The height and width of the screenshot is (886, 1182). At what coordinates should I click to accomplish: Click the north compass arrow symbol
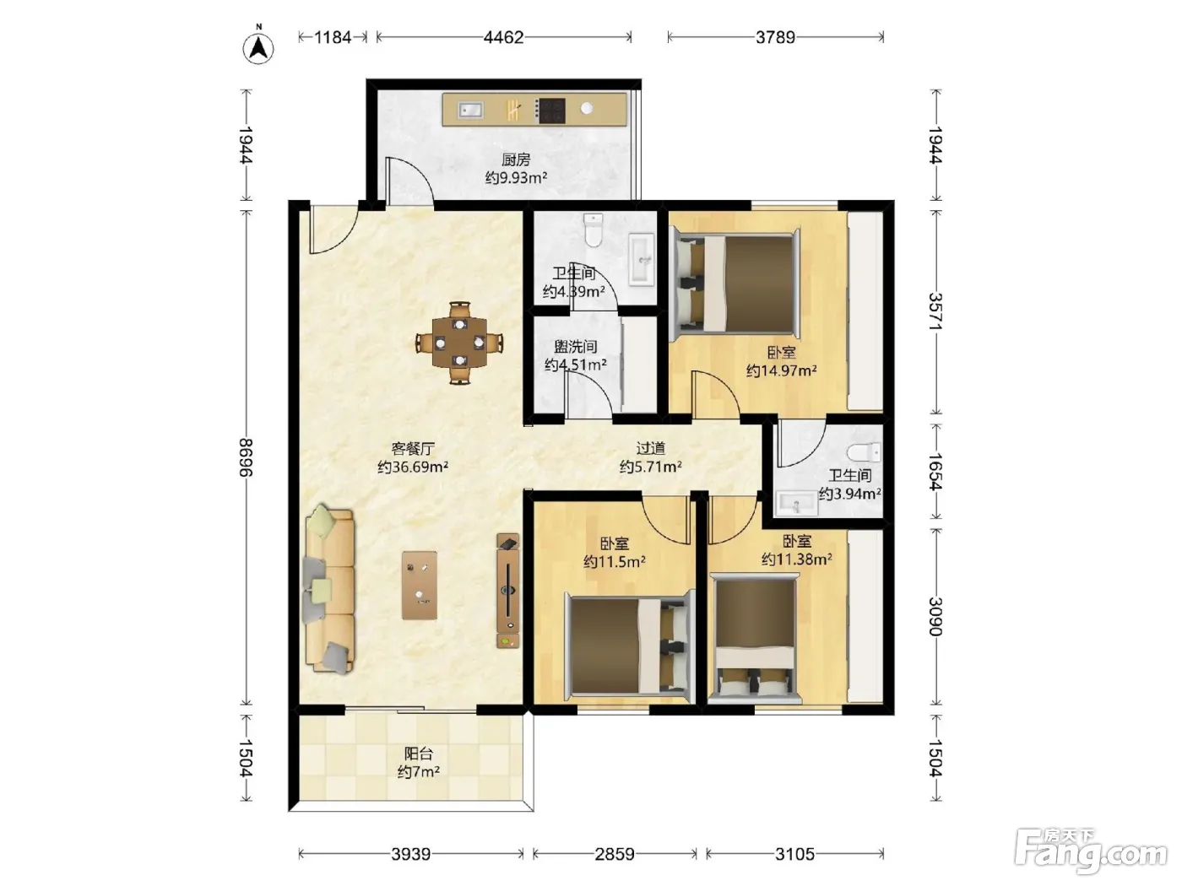tap(258, 47)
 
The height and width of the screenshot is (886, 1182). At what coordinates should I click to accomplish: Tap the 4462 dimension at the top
tap(503, 37)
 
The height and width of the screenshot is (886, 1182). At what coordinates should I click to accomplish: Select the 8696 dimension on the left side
tap(246, 457)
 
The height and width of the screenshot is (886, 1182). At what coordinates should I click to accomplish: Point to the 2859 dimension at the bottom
tap(615, 854)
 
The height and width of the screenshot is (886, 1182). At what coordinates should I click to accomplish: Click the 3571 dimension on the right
tap(936, 311)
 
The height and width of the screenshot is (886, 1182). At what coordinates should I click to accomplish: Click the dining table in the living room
tap(459, 343)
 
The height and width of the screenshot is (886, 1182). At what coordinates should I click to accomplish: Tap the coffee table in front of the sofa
tap(419, 586)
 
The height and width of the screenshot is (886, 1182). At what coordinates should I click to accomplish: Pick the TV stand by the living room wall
tap(507, 591)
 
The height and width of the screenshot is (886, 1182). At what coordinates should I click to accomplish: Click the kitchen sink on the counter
tap(470, 111)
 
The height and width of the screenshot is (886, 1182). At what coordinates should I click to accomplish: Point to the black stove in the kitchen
tap(550, 111)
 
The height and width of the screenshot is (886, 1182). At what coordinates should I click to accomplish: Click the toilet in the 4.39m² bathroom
tap(594, 230)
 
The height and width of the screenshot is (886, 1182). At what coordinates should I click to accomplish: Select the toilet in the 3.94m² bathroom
tap(864, 452)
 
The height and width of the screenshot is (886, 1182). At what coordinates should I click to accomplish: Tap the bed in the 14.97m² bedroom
tap(735, 284)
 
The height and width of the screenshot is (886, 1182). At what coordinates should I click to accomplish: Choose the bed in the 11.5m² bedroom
tap(628, 646)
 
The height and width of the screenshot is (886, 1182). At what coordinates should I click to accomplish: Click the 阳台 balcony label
tap(419, 754)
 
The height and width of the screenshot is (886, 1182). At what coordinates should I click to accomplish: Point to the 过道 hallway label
tap(650, 447)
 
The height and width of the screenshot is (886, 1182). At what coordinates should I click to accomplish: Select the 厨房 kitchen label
tap(516, 159)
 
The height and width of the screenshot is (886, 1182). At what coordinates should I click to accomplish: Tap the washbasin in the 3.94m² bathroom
tap(797, 504)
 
